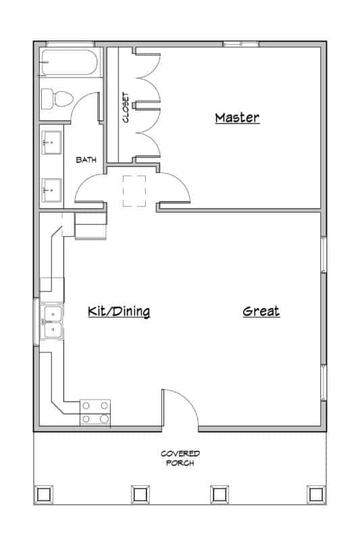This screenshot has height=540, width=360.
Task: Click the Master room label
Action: pos(237,118)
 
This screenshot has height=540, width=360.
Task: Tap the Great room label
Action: pos(261,311)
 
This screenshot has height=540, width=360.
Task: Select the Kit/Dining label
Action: pos(118,311)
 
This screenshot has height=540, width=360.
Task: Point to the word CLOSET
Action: pos(126,107)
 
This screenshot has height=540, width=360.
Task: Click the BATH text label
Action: pos(86,160)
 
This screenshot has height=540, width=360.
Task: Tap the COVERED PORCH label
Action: pos(180,458)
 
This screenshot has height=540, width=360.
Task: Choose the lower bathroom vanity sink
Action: pos(51,188)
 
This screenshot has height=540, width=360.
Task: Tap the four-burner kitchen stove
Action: pos(96,412)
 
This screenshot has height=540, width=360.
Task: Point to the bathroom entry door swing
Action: pos(91,188)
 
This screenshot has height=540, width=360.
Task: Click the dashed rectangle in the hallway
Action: pos(134,190)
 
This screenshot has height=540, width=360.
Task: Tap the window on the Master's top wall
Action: pos(241,45)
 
